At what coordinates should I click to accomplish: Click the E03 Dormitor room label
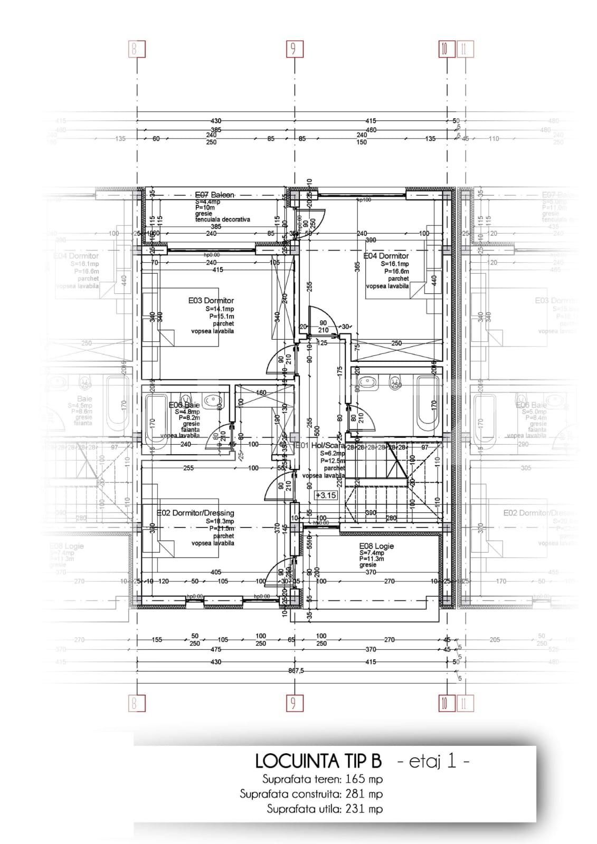211,301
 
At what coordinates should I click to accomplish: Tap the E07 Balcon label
214,194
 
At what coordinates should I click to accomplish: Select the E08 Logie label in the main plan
376,546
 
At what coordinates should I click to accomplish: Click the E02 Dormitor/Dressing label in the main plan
196,513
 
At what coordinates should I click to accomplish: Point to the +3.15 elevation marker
326,495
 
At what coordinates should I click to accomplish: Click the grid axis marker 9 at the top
293,50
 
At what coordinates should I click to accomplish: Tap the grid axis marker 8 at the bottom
136,703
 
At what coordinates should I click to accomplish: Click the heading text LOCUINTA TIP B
318,761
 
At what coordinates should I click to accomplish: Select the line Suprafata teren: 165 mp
323,779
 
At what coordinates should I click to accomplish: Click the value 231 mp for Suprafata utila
364,809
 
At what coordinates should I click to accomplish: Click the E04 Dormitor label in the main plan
386,256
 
